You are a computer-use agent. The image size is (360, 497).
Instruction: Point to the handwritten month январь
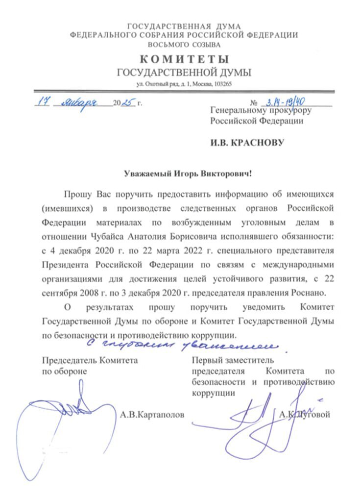[x=81, y=103]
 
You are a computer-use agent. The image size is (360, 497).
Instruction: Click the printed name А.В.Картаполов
[x=152, y=415]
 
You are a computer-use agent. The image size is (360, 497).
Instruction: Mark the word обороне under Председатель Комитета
[x=72, y=371]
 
